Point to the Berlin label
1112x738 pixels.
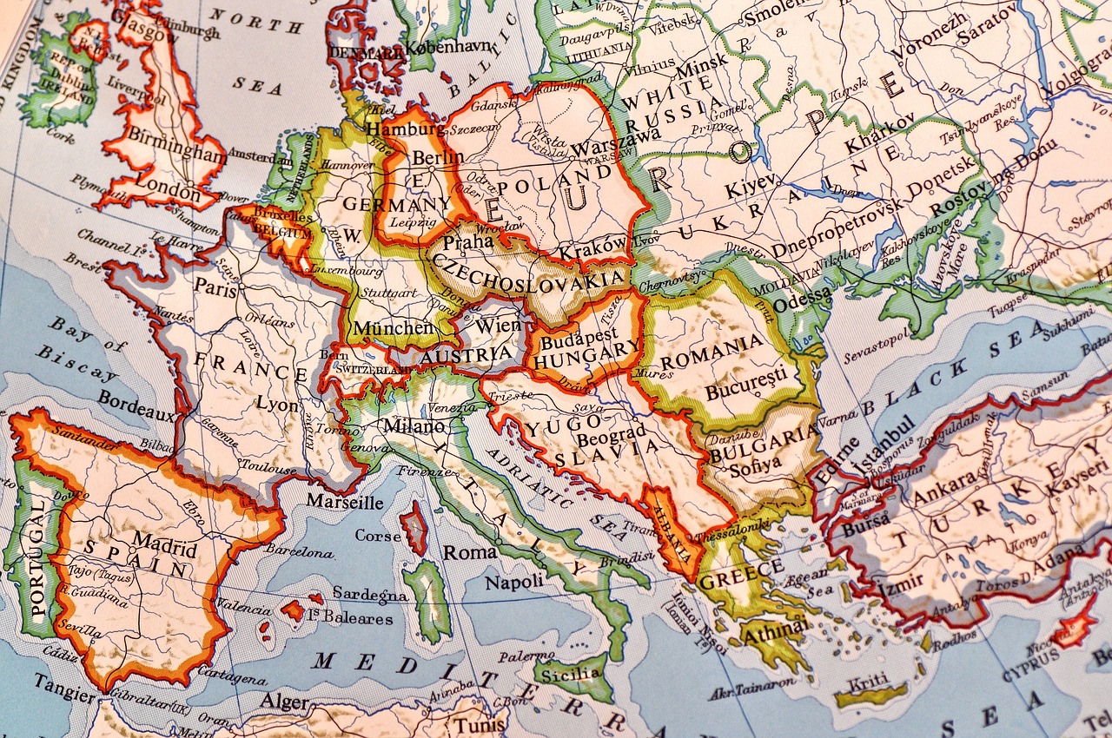click(438, 158)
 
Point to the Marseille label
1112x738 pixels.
click(344, 502)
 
